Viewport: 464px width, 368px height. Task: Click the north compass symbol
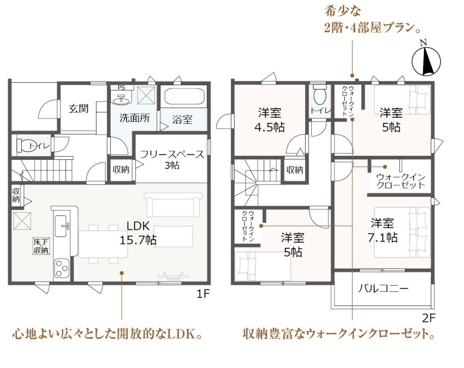point(426,60)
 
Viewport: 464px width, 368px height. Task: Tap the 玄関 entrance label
point(78,109)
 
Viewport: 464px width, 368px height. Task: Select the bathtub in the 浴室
point(185,97)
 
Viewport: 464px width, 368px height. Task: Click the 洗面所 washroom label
point(135,118)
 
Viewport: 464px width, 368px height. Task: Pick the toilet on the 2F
point(320,94)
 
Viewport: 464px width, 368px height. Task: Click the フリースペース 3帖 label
point(172,159)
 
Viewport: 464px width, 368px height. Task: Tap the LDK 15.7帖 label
point(138,233)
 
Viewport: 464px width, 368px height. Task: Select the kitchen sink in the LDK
point(61,226)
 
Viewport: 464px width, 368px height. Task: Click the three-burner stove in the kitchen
point(61,269)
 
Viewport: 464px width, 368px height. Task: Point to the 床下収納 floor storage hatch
point(41,246)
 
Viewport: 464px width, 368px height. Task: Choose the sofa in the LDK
point(173,205)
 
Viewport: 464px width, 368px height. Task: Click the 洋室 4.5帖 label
point(270,120)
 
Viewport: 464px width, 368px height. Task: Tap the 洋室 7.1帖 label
point(383,230)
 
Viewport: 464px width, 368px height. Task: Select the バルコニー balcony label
point(383,288)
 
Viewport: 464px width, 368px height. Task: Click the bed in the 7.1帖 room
point(402,232)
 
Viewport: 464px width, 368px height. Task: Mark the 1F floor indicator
point(203,294)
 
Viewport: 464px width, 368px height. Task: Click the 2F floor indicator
point(429,318)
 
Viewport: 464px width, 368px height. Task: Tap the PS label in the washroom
point(121,88)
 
